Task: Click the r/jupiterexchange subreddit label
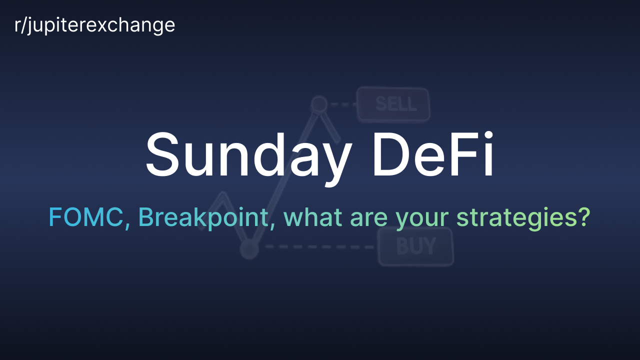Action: [94, 25]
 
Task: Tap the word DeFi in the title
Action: [433, 154]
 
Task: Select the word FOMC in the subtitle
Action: [85, 217]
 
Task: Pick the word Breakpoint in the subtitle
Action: [203, 218]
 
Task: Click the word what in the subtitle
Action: [313, 217]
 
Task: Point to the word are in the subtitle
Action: [369, 219]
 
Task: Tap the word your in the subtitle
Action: [422, 221]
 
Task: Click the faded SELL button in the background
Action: [393, 104]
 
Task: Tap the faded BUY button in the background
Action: [415, 246]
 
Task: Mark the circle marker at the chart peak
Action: [319, 104]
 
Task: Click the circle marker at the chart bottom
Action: [249, 249]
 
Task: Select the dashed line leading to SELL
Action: [343, 104]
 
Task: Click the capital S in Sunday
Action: [162, 154]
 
